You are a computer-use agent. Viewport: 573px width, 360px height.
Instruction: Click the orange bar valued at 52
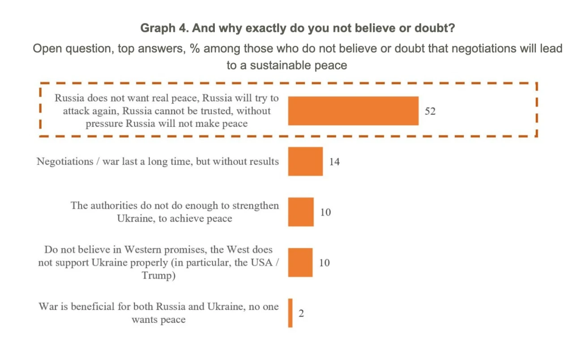pyautogui.click(x=353, y=111)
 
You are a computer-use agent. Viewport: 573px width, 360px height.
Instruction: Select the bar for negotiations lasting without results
pyautogui.click(x=305, y=161)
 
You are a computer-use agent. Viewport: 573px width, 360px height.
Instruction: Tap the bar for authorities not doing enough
pyautogui.click(x=301, y=212)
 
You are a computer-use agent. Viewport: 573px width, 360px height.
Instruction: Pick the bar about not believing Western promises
pyautogui.click(x=300, y=262)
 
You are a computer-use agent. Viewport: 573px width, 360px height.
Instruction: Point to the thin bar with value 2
pyautogui.click(x=291, y=313)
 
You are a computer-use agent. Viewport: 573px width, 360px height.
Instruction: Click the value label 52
pyautogui.click(x=430, y=111)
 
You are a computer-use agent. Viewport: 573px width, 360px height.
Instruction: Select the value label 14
pyautogui.click(x=334, y=162)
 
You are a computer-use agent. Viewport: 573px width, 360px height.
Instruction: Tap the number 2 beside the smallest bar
pyautogui.click(x=301, y=313)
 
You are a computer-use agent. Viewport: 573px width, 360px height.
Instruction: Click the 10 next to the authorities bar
pyautogui.click(x=325, y=212)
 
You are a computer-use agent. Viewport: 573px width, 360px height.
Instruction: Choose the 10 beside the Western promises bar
pyautogui.click(x=325, y=263)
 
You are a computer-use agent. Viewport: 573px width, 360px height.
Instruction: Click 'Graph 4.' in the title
pyautogui.click(x=163, y=28)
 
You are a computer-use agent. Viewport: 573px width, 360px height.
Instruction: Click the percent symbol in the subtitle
pyautogui.click(x=195, y=48)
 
